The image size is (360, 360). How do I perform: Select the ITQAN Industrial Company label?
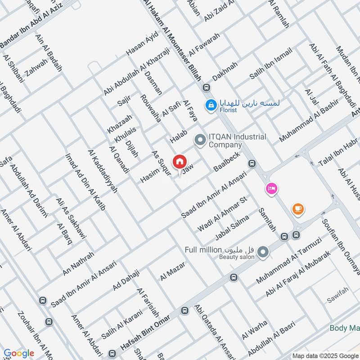237,141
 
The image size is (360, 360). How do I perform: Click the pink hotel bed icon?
271,188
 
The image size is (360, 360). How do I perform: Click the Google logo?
18,353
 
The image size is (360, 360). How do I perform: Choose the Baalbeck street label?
227,163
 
